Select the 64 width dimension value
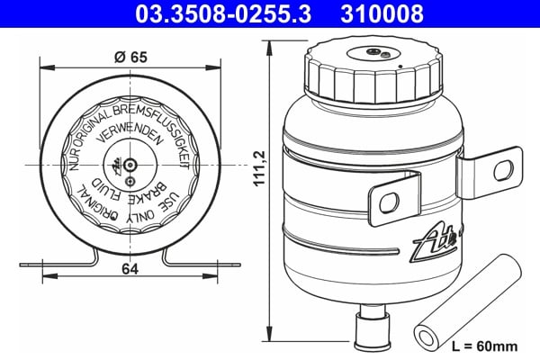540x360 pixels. (131, 268)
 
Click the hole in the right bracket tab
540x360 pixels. (504, 168)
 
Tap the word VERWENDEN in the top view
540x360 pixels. (131, 137)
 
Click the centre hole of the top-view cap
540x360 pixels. (131, 166)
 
